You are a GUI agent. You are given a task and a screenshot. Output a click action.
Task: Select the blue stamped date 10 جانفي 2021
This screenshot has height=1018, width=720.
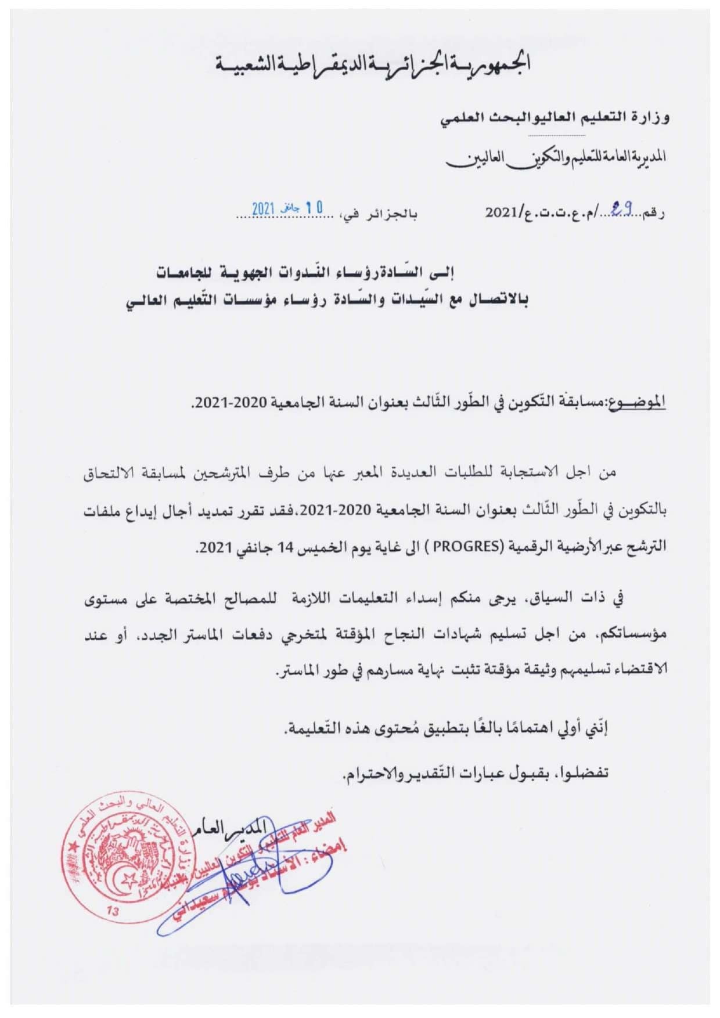287,208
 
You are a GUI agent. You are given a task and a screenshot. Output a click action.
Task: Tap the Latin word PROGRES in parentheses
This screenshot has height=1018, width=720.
476,547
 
